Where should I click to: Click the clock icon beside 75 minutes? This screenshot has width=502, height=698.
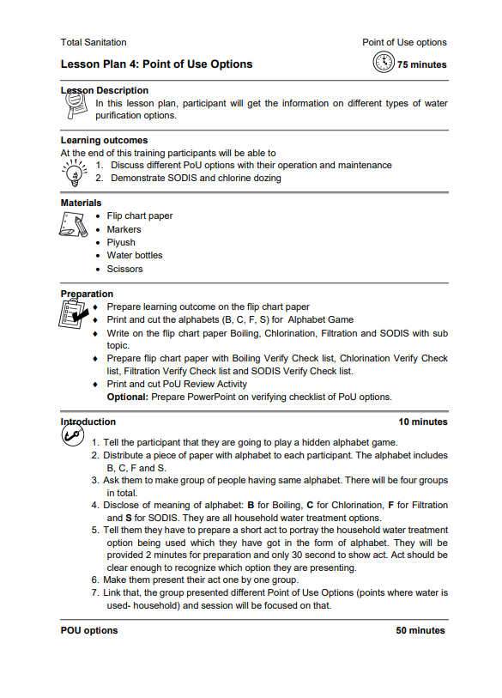384,63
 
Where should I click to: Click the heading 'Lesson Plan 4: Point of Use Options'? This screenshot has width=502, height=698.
156,64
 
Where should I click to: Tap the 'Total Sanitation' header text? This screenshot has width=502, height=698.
94,42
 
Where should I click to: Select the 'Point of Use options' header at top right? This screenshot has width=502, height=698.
404,42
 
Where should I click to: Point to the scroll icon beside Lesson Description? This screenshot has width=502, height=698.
76,106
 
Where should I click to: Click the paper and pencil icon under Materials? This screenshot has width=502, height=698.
73,226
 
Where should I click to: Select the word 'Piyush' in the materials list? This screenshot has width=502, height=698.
121,242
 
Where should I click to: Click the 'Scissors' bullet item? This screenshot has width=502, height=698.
124,269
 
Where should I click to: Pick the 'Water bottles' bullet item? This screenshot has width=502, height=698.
134,255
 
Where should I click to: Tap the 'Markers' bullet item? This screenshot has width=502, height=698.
124,229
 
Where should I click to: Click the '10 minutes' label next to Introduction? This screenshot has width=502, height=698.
422,422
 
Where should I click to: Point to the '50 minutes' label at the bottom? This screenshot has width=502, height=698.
420,630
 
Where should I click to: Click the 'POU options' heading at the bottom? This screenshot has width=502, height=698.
89,630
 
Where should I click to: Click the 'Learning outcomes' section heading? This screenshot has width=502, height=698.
104,140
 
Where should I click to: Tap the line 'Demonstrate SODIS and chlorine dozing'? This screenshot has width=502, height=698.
196,178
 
